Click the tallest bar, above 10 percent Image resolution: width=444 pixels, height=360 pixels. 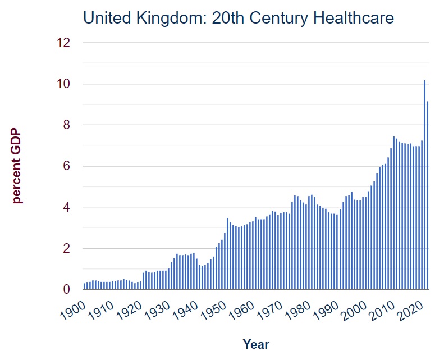[x=424, y=185]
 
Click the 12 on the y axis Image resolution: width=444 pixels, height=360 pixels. [x=63, y=43]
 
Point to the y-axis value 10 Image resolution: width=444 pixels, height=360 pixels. [x=63, y=84]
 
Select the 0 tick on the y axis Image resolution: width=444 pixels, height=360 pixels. [x=66, y=290]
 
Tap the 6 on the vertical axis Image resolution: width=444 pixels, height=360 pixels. [x=66, y=166]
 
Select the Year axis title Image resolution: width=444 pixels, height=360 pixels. [x=256, y=344]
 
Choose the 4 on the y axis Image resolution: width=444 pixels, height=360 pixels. [x=66, y=207]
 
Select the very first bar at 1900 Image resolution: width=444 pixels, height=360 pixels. [x=85, y=286]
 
